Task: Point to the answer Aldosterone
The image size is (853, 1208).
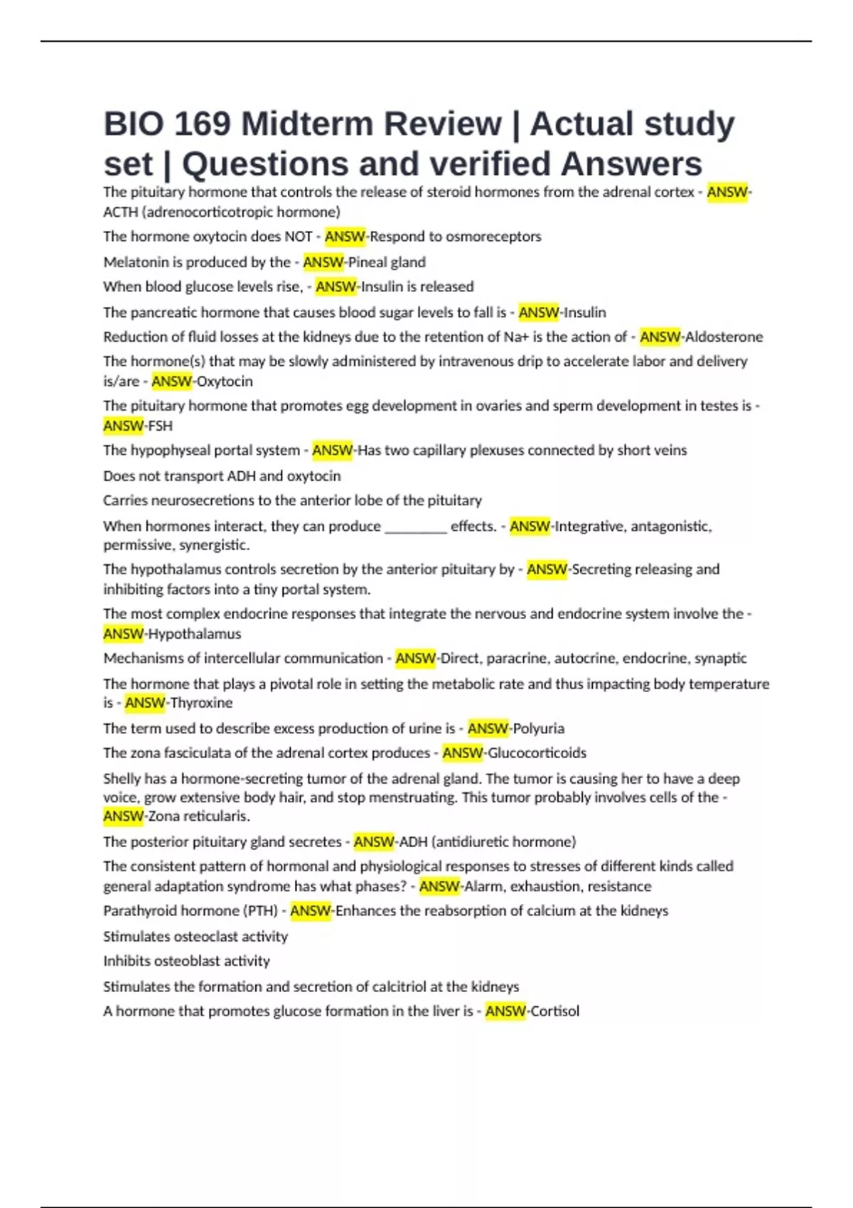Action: (x=724, y=337)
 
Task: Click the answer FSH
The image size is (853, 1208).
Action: (x=160, y=426)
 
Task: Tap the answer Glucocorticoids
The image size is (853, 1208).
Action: (x=537, y=753)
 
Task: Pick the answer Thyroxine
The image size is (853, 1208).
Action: (x=201, y=703)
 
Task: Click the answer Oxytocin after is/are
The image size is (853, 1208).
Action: (x=225, y=382)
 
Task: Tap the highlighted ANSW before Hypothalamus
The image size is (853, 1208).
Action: (x=123, y=634)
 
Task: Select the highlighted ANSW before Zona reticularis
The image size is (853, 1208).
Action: (x=123, y=816)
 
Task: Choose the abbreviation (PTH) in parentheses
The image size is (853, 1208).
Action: (x=260, y=911)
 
